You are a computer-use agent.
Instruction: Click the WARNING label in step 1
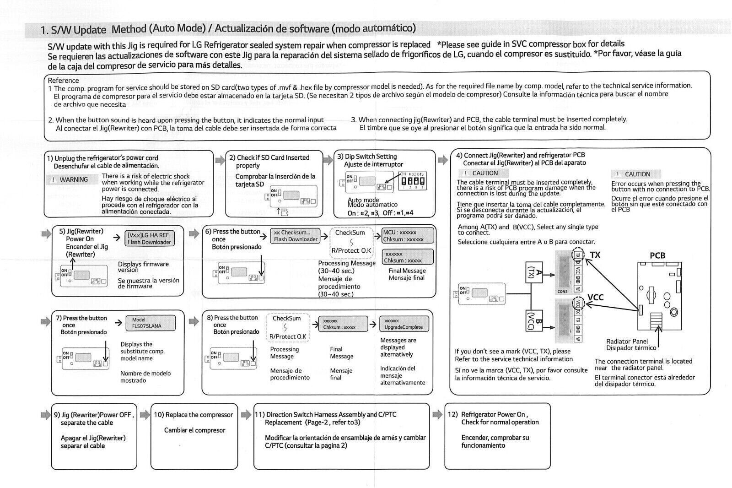73,179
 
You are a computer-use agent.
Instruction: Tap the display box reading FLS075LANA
150,323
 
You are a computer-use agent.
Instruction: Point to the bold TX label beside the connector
595,255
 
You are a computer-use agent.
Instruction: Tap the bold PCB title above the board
657,255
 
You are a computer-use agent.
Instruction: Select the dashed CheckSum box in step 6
350,241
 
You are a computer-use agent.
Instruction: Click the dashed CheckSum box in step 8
288,327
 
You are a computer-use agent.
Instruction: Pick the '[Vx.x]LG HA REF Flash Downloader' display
149,239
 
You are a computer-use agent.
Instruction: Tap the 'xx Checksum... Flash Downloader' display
296,236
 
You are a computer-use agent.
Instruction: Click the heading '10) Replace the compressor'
193,415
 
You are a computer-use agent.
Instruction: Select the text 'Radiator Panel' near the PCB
627,341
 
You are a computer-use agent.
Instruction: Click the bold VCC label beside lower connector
595,297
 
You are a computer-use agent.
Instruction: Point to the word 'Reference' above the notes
63,81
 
